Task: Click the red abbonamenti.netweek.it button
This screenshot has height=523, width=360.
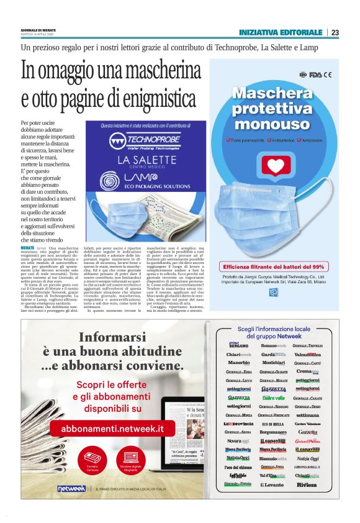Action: coord(112,428)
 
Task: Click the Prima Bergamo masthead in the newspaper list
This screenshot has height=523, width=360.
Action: coord(239,345)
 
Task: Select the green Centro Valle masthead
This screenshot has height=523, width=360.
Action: coord(273,398)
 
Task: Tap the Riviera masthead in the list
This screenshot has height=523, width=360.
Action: coord(307,484)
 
